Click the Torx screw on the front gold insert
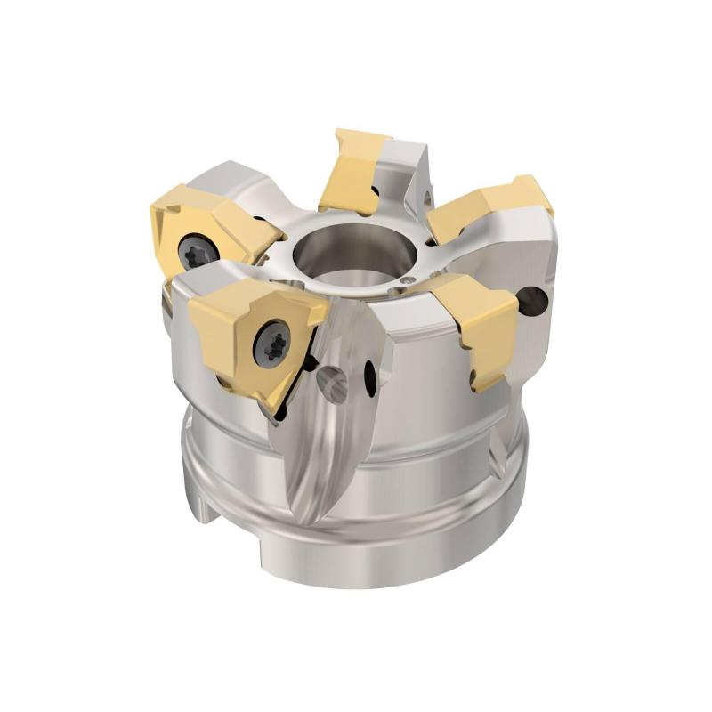click(271, 343)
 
